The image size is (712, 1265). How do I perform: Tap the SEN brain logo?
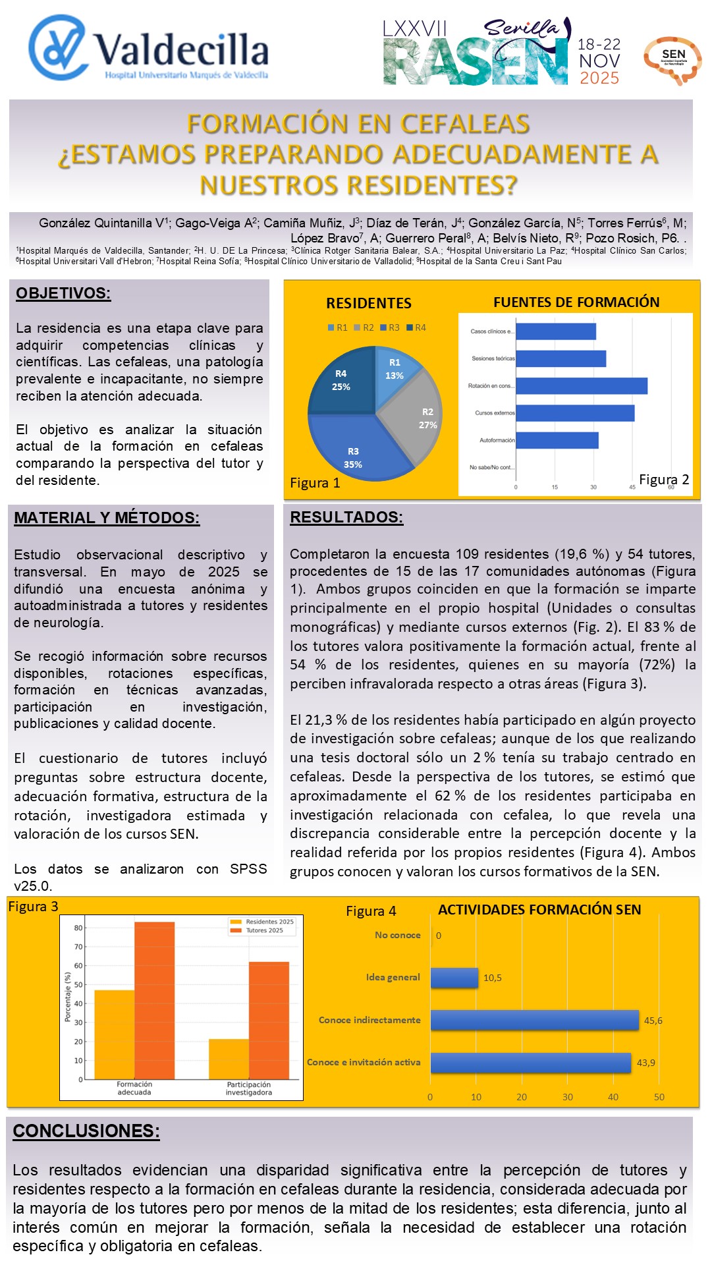coord(672,60)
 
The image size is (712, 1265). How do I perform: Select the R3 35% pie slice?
coord(349,448)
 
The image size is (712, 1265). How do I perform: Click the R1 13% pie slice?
coord(395,372)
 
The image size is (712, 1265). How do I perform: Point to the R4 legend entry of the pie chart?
coord(416,327)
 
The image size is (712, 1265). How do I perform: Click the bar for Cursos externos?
coord(575,413)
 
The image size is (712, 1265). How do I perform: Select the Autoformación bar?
coord(557,440)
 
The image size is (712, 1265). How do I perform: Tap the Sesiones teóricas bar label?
coord(493,358)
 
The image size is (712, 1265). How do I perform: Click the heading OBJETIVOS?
coord(63,293)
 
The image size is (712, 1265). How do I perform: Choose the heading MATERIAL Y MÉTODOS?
coord(107,518)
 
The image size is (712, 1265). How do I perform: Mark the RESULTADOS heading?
coord(346,517)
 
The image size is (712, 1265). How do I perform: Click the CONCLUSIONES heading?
coord(86,1131)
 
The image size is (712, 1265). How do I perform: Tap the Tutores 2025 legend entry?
coord(263,930)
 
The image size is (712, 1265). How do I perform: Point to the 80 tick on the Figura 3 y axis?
coord(78,928)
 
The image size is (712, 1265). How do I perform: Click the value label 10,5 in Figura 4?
coord(493,978)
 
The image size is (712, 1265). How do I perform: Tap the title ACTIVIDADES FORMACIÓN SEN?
coord(539,910)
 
